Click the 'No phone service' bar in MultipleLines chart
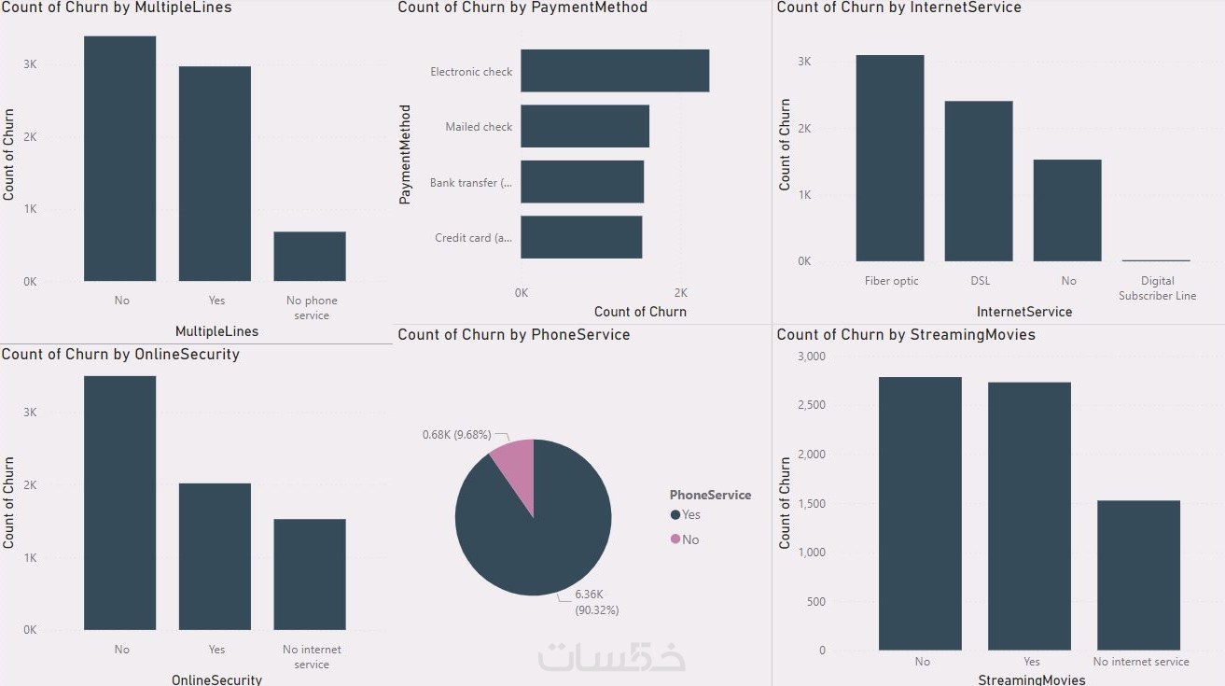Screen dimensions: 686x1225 (309, 257)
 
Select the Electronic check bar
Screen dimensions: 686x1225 (614, 71)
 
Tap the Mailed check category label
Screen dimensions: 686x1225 (479, 127)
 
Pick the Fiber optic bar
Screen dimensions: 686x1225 (889, 159)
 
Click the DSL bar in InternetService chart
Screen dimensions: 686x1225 (978, 181)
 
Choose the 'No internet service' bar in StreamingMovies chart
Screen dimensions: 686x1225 (1138, 575)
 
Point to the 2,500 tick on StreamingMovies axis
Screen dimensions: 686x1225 (810, 405)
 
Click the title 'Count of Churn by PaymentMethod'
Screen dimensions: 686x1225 (522, 7)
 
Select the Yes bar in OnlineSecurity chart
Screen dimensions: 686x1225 (215, 556)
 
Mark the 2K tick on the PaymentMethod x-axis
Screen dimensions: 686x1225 (680, 292)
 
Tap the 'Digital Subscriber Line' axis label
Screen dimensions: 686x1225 (1157, 288)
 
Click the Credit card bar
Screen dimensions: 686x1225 (580, 237)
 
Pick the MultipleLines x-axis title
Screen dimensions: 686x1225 (216, 331)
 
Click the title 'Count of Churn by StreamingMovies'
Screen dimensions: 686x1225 (905, 334)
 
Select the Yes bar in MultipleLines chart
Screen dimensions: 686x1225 (215, 174)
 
